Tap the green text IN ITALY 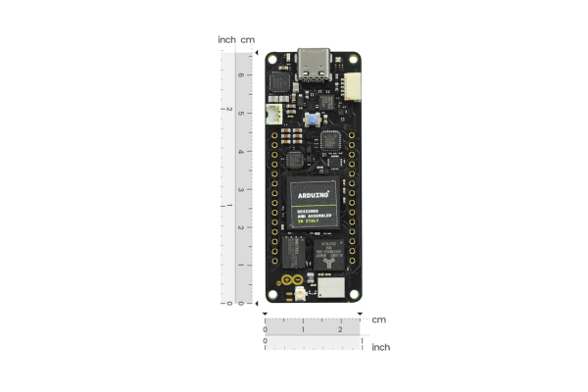click(x=308, y=223)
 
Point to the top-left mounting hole click(x=273, y=59)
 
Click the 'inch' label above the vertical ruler click(x=226, y=40)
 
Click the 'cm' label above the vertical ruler click(x=248, y=40)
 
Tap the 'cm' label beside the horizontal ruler click(x=378, y=319)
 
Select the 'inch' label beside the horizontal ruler click(x=381, y=347)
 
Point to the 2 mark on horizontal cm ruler click(x=340, y=330)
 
